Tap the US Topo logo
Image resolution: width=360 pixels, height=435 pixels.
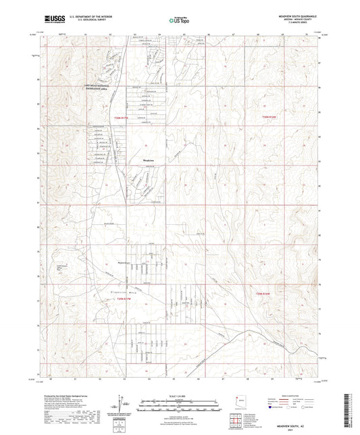tap(180, 20)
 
